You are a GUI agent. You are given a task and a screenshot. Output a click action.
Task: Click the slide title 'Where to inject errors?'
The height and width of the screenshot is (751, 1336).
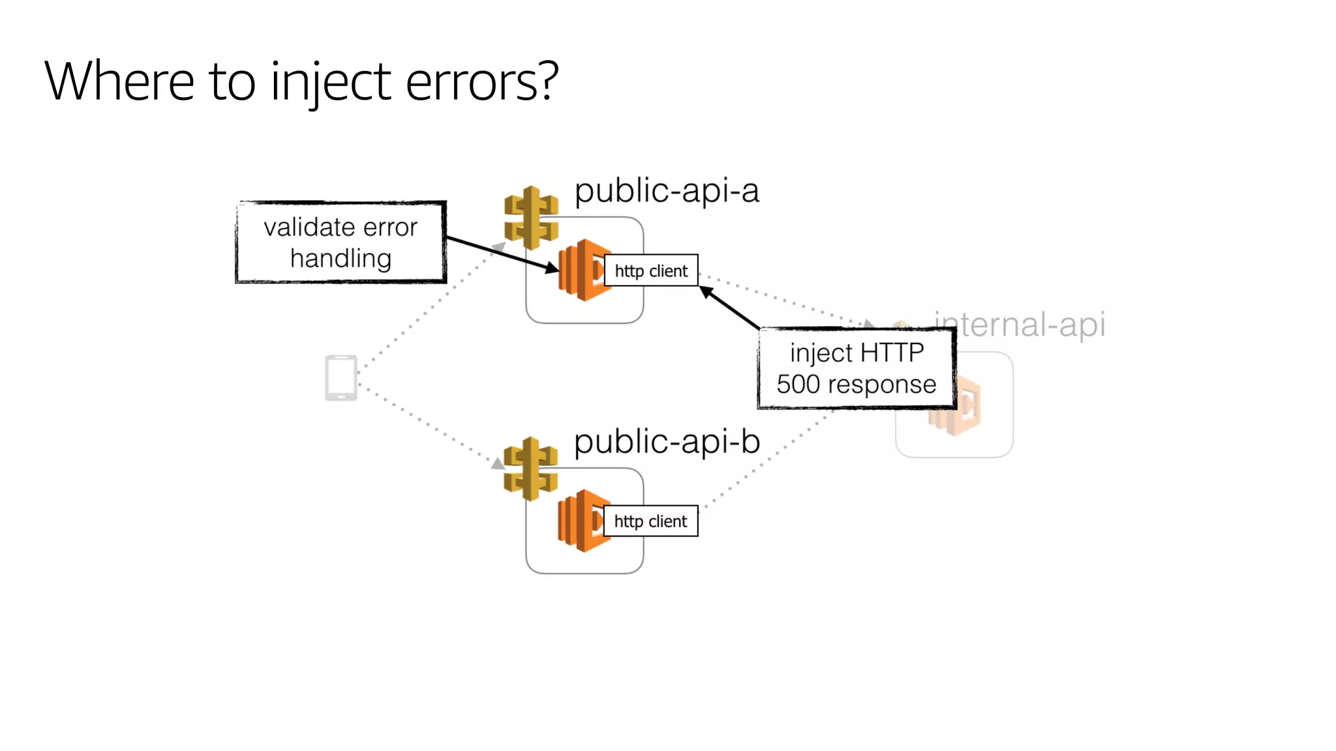[x=301, y=81]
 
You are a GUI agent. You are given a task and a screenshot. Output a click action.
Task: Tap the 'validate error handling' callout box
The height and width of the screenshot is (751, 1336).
[x=341, y=243]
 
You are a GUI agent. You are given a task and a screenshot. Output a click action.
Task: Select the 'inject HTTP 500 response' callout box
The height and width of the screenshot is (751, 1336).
[x=856, y=368]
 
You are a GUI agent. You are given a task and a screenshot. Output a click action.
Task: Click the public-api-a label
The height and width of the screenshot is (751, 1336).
[x=667, y=191]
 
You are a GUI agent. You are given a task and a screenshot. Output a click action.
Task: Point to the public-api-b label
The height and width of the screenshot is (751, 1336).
[x=667, y=441]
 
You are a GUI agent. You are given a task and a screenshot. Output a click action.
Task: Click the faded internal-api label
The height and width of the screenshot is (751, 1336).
[x=1020, y=324]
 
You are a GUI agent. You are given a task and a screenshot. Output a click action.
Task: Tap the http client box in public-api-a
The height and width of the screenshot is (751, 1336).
[x=651, y=271]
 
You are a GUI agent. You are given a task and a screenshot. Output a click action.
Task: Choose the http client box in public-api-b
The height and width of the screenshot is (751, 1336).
[x=650, y=521]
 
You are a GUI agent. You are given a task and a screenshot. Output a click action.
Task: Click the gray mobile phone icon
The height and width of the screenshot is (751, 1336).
[x=341, y=377]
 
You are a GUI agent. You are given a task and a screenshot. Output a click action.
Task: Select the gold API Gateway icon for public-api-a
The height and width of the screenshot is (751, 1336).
[x=531, y=217]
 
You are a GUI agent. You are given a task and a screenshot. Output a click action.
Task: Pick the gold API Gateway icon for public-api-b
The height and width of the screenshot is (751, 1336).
[x=530, y=468]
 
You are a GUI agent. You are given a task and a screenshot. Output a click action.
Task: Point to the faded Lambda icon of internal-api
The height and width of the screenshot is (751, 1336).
[x=959, y=407]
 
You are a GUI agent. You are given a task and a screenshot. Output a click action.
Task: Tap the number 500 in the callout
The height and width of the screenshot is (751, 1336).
[x=798, y=385]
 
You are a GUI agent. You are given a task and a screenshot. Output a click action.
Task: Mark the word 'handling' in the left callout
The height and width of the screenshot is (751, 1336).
[x=341, y=259]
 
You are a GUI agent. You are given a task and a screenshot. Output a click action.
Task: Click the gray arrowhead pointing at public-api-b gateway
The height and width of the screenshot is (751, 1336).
[x=498, y=464]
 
